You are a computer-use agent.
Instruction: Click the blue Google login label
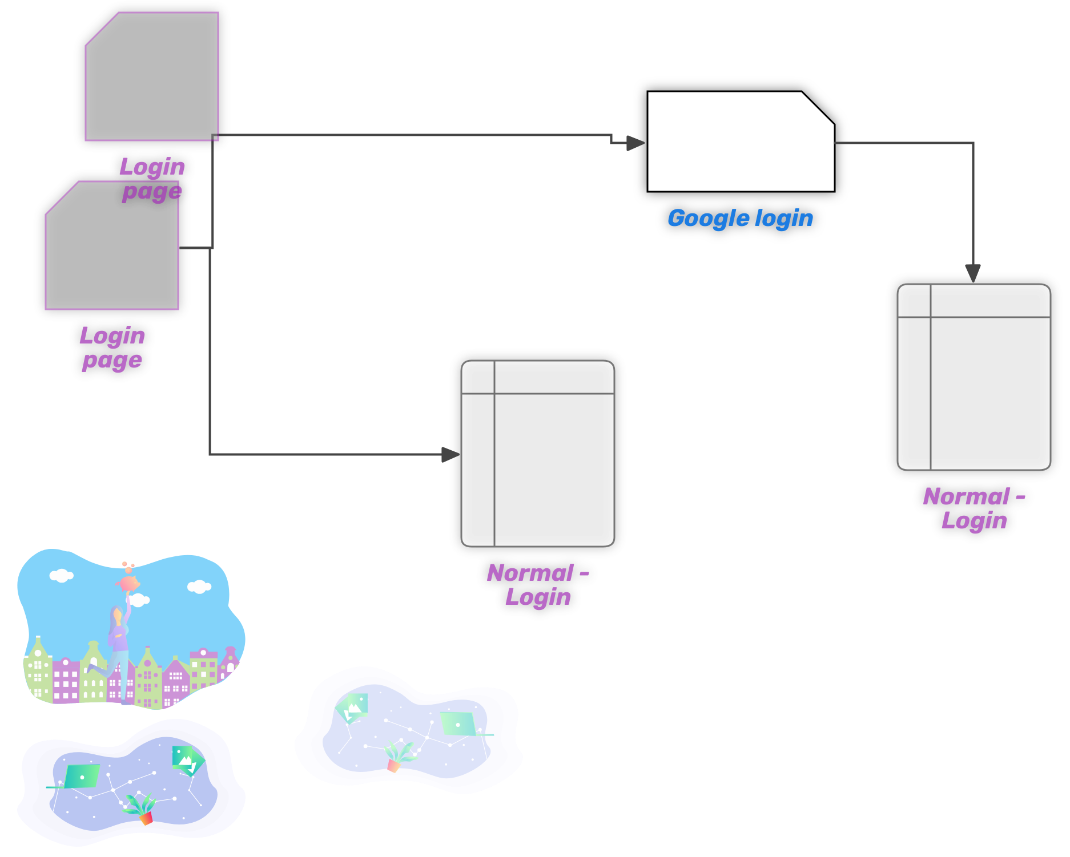(740, 219)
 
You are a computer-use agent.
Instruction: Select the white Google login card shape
(740, 143)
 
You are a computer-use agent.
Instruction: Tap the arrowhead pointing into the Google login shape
(635, 143)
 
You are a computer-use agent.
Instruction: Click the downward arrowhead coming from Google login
(973, 273)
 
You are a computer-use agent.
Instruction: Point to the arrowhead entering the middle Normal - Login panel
(450, 454)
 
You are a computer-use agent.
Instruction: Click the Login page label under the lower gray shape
(112, 347)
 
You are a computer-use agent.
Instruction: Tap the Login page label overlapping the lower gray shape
(152, 179)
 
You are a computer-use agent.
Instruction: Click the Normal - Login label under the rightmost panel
(974, 508)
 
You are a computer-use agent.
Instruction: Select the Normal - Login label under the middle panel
(537, 584)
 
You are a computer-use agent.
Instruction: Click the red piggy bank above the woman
(128, 583)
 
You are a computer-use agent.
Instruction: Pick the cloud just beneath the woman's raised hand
(139, 600)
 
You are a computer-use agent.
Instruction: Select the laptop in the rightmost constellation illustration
(458, 724)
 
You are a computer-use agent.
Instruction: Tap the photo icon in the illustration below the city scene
(186, 759)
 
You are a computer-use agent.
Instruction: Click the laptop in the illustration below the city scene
(82, 777)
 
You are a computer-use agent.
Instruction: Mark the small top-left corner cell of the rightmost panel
(915, 301)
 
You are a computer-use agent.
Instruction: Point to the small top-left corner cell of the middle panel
(478, 378)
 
